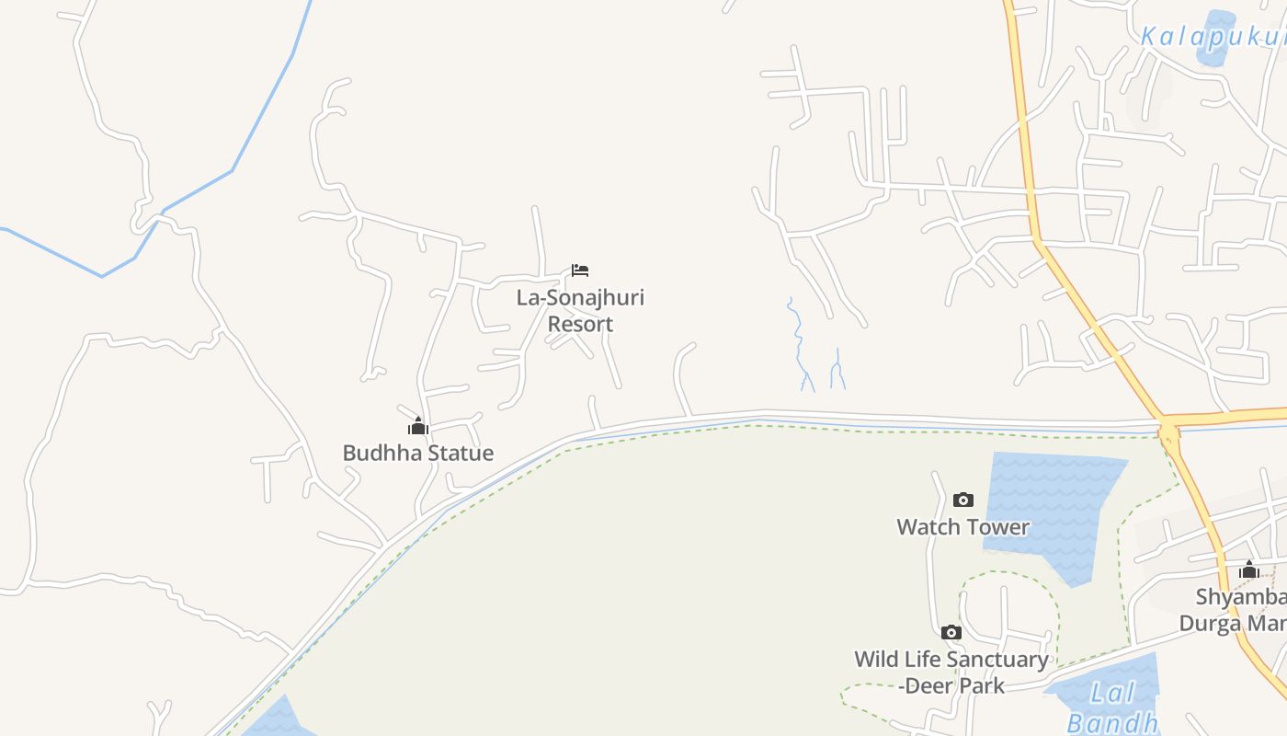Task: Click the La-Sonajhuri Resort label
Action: pyautogui.click(x=580, y=310)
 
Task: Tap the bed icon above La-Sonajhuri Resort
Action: pyautogui.click(x=579, y=270)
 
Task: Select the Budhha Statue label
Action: pyautogui.click(x=418, y=453)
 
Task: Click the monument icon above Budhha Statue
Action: pyautogui.click(x=418, y=427)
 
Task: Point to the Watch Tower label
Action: pyautogui.click(x=962, y=527)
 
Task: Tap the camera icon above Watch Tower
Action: pyautogui.click(x=962, y=500)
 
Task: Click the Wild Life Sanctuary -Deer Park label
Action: pyautogui.click(x=951, y=673)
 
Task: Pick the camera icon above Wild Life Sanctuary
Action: pyautogui.click(x=951, y=633)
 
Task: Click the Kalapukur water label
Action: pyautogui.click(x=1212, y=37)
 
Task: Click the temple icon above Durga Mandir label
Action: pyautogui.click(x=1248, y=570)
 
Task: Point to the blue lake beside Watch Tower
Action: pyautogui.click(x=1053, y=511)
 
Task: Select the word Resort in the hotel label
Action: pyautogui.click(x=580, y=324)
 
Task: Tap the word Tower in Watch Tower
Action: pyautogui.click(x=997, y=527)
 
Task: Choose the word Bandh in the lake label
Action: pyautogui.click(x=1112, y=723)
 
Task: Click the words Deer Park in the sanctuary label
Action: pyautogui.click(x=956, y=686)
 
